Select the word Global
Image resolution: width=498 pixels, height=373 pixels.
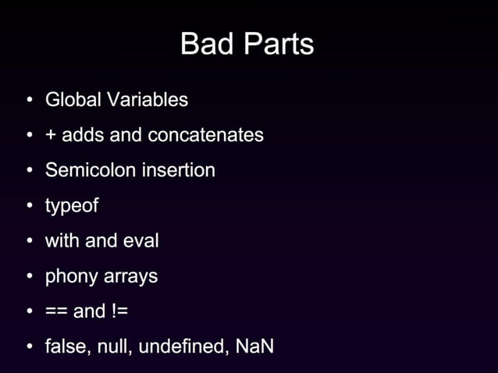point(73,100)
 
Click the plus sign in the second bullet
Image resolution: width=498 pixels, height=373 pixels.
point(51,136)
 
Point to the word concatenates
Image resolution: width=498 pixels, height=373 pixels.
point(205,135)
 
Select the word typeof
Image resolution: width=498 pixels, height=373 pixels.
point(72,207)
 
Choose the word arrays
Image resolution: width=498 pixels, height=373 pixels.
point(133,276)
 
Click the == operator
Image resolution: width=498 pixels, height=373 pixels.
point(56,311)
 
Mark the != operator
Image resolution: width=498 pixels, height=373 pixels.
point(119,311)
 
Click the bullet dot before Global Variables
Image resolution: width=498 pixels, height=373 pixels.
point(29,101)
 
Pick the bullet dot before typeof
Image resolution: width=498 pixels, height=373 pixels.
point(29,207)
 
